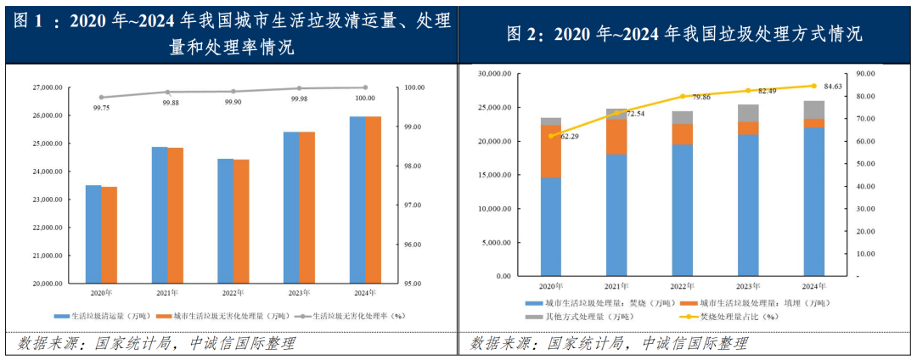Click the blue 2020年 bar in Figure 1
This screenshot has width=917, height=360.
coord(93,233)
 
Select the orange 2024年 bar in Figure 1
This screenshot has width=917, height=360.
coord(374,200)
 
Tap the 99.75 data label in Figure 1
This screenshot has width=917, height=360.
coord(101,108)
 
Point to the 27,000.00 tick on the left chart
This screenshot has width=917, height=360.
coord(48,87)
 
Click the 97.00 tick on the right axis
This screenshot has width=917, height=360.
coord(414,205)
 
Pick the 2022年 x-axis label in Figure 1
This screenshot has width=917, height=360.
coord(232,293)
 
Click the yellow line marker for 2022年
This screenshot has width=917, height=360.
coord(683,97)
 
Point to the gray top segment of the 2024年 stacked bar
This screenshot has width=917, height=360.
coord(814,110)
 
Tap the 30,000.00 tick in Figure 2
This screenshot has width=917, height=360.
coord(492,74)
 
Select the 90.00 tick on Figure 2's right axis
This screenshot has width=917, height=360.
coord(865,74)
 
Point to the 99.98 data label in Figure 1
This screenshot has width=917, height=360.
coord(300,99)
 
